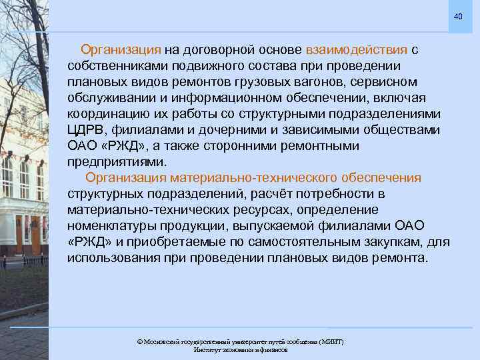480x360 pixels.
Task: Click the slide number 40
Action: click(457, 16)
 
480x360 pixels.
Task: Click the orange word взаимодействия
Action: click(357, 50)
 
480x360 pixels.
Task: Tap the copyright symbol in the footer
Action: click(139, 341)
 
